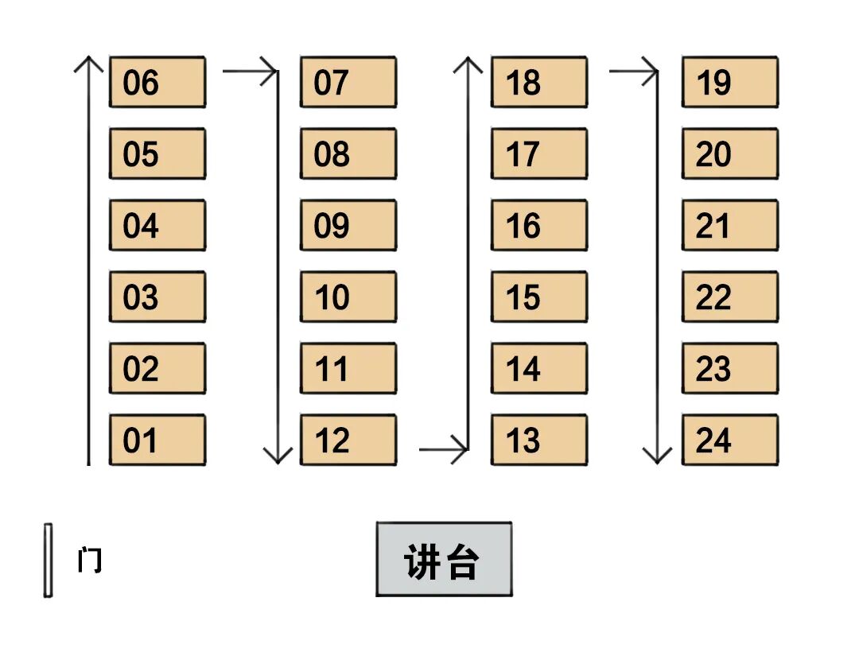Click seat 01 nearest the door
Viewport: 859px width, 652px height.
[x=157, y=440]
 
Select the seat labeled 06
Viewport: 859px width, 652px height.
[x=157, y=82]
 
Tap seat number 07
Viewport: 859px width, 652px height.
[x=348, y=82]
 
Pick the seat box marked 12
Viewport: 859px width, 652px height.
[x=348, y=440]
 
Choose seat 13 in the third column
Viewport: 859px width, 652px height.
[x=538, y=440]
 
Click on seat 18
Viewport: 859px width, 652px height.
[x=538, y=82]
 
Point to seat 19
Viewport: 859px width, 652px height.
[x=729, y=82]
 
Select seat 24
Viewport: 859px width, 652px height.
[x=729, y=440]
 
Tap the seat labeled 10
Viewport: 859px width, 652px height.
[x=348, y=297]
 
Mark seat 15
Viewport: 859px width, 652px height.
[x=538, y=297]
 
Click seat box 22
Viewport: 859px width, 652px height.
[x=729, y=297]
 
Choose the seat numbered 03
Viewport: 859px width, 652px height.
[x=157, y=297]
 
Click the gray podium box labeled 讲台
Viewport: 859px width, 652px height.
[x=444, y=559]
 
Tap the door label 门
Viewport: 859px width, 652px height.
[x=89, y=561]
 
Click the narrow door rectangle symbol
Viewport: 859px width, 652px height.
[x=49, y=560]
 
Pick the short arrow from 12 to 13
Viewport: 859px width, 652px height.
[x=443, y=450]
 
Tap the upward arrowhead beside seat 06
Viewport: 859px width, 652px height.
[x=88, y=64]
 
